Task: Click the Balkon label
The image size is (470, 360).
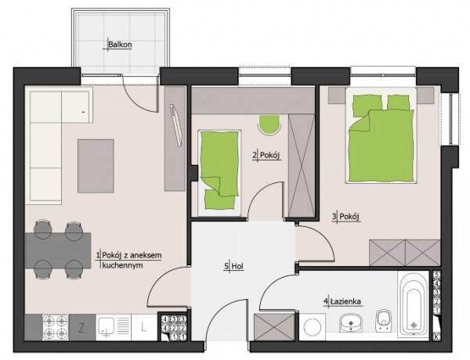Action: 120,45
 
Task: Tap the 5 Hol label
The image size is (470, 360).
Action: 233,266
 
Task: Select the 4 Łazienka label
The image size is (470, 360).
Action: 343,301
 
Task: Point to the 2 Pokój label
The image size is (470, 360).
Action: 266,156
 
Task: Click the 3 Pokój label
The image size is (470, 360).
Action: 346,216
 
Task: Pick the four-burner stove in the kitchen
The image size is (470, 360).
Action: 55,327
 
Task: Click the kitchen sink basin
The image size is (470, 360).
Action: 106,326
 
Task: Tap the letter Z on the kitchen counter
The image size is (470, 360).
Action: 81,328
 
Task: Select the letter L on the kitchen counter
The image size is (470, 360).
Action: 144,327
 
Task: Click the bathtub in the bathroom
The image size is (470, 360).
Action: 414,305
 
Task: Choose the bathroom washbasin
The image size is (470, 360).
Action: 351,323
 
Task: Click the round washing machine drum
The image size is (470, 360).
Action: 312,327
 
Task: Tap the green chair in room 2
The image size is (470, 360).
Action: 269,125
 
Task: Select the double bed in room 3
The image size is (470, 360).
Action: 381,135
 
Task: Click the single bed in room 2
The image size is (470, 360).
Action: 219,173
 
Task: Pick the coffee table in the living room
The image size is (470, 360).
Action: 96,166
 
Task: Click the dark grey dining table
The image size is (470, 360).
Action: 58,250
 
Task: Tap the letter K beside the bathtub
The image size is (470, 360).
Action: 436,337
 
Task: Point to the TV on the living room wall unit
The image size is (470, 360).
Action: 176,125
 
